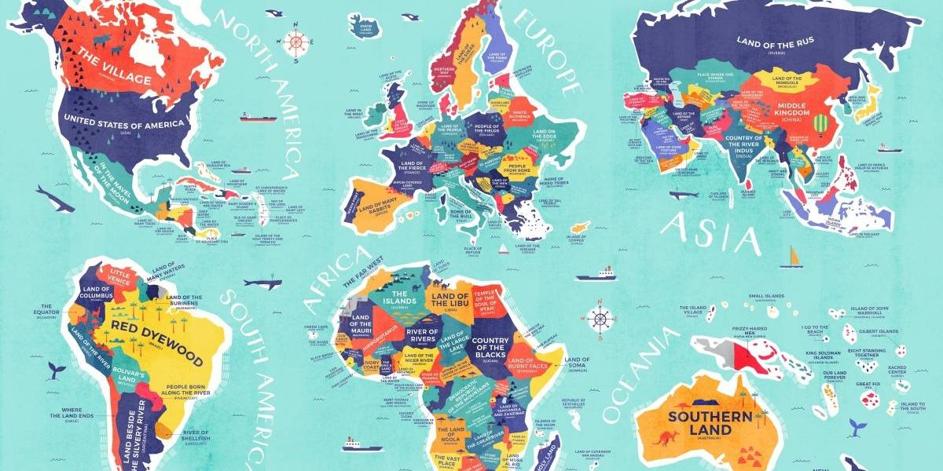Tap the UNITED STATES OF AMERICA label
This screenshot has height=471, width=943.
click(125, 122)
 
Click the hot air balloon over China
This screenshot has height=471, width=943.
click(820, 124)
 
